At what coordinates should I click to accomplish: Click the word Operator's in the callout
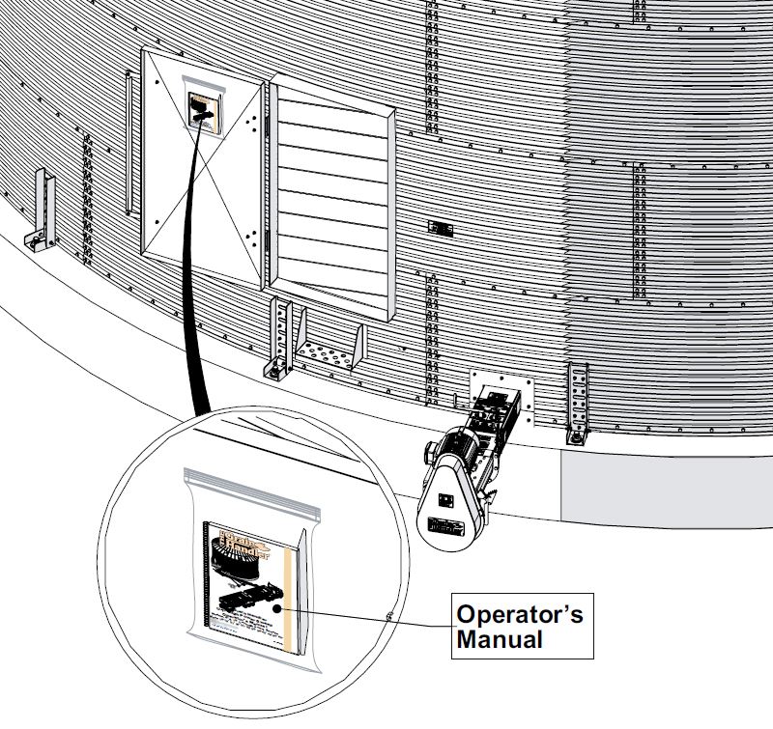click(x=519, y=615)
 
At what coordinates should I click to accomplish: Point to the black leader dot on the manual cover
click(x=277, y=609)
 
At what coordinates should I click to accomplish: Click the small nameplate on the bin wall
click(x=441, y=229)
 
